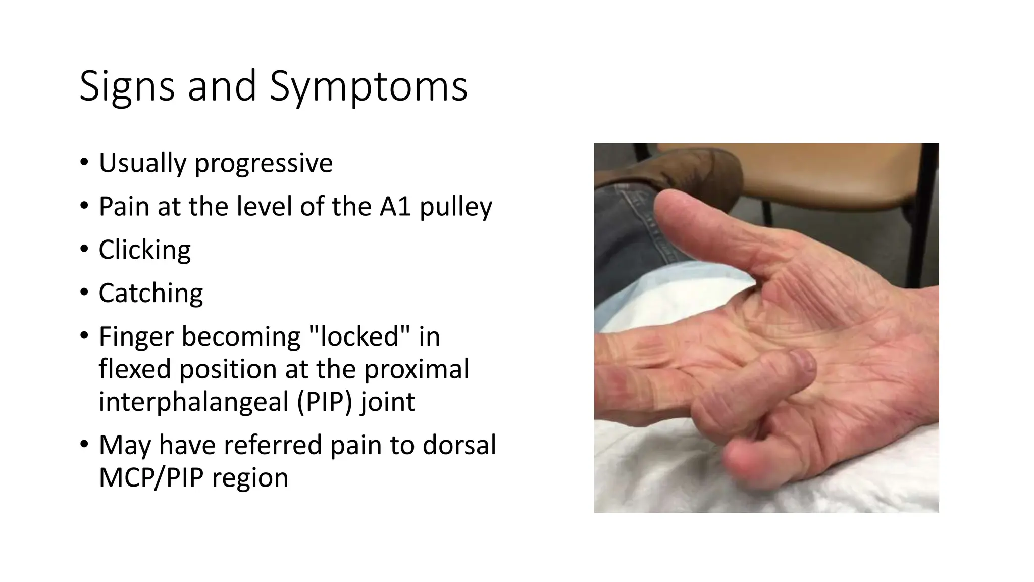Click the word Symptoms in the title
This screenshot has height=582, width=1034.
tap(369, 86)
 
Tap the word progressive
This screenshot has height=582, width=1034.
tap(264, 163)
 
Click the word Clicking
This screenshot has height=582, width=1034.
tap(144, 250)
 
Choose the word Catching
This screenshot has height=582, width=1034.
tap(150, 293)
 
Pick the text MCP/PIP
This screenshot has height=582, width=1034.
tap(151, 477)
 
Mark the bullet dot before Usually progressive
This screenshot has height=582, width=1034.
tap(84, 163)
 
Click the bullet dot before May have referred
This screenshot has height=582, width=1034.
tap(84, 445)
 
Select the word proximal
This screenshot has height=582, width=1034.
tap(417, 369)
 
